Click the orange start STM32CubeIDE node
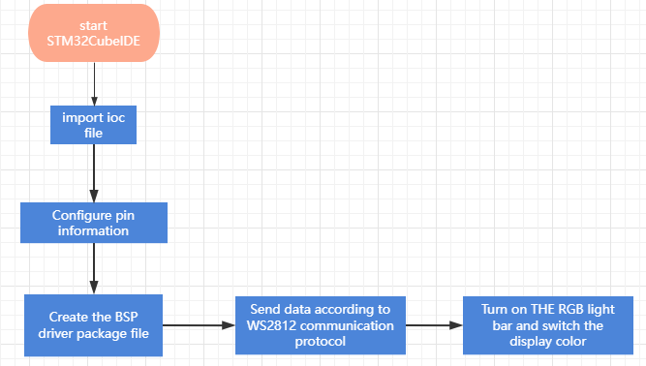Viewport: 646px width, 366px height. (x=94, y=33)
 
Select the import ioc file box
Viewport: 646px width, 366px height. (x=94, y=125)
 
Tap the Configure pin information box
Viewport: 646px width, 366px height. (x=94, y=223)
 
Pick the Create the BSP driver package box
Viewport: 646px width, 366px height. (x=94, y=325)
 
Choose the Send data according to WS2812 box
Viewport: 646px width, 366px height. (x=321, y=325)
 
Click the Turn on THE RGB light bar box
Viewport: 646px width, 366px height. (x=548, y=325)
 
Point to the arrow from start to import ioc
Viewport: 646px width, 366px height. (x=94, y=84)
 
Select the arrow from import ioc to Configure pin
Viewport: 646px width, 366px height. (x=94, y=173)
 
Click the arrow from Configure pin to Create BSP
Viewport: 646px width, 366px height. (x=94, y=269)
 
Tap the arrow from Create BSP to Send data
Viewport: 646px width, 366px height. (x=199, y=325)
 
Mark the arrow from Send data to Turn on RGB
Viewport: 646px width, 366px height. (x=434, y=325)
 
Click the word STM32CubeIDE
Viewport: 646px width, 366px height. (x=94, y=42)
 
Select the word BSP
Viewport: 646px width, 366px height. (x=127, y=317)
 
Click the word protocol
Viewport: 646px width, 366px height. (x=321, y=342)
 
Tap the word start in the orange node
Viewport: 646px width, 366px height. (x=94, y=25)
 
